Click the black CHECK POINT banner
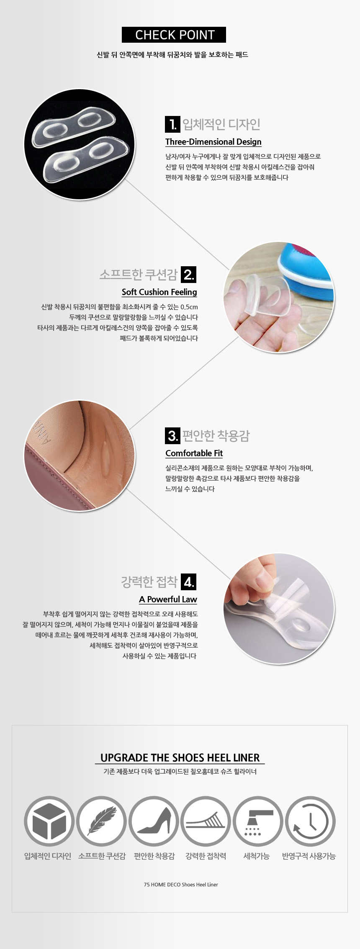(x=174, y=35)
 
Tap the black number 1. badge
(x=172, y=124)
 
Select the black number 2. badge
(x=189, y=274)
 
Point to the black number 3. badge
(x=172, y=435)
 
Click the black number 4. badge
(x=189, y=581)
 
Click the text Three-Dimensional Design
(x=213, y=142)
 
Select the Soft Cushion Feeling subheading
(x=159, y=292)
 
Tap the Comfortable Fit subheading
(x=194, y=453)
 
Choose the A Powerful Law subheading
(x=168, y=599)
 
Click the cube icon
(x=49, y=821)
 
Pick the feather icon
(x=101, y=821)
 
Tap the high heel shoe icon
(x=154, y=821)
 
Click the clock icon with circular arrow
(x=310, y=821)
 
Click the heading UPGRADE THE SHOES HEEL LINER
(x=180, y=758)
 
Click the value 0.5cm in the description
(x=189, y=307)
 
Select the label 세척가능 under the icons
(x=257, y=856)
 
